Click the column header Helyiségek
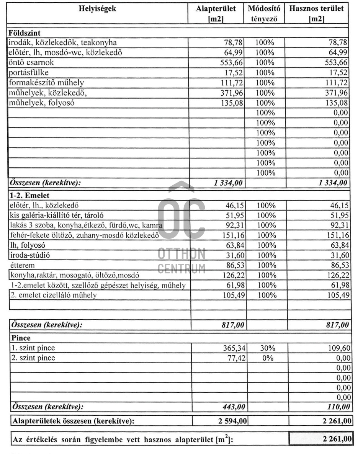(x=97, y=8)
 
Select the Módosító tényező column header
(x=264, y=13)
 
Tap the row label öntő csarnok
(x=31, y=63)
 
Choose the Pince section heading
(x=21, y=338)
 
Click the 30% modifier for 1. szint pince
(x=265, y=348)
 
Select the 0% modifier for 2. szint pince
(x=265, y=358)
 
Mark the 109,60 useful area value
(x=337, y=348)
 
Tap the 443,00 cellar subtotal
(x=232, y=407)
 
